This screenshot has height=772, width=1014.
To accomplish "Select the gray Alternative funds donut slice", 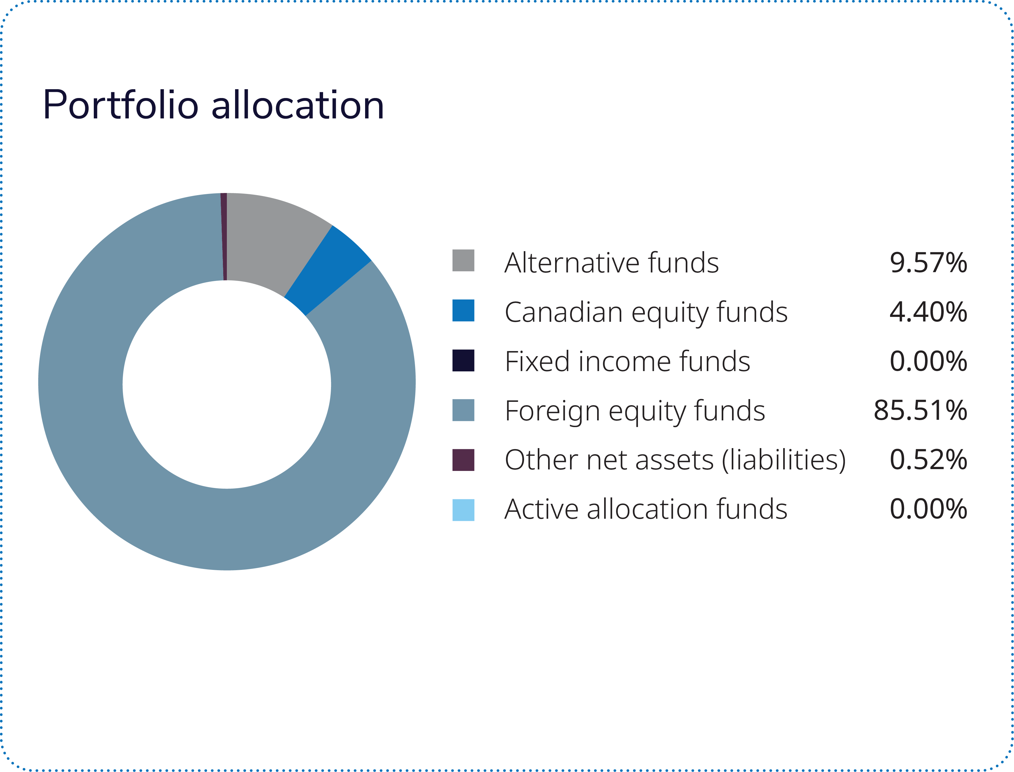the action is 271,239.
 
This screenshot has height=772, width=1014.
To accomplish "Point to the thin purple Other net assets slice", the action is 224,237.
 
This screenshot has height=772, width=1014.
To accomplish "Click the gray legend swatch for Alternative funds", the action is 463,261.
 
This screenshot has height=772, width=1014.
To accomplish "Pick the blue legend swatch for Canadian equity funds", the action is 463,310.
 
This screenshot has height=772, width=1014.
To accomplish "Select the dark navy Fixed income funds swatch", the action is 463,360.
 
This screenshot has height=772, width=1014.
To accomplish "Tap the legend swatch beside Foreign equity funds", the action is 463,410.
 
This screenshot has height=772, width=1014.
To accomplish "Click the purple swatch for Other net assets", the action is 463,460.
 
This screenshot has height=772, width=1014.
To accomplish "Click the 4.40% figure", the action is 928,312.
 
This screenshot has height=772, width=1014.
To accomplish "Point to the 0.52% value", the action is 928,460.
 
